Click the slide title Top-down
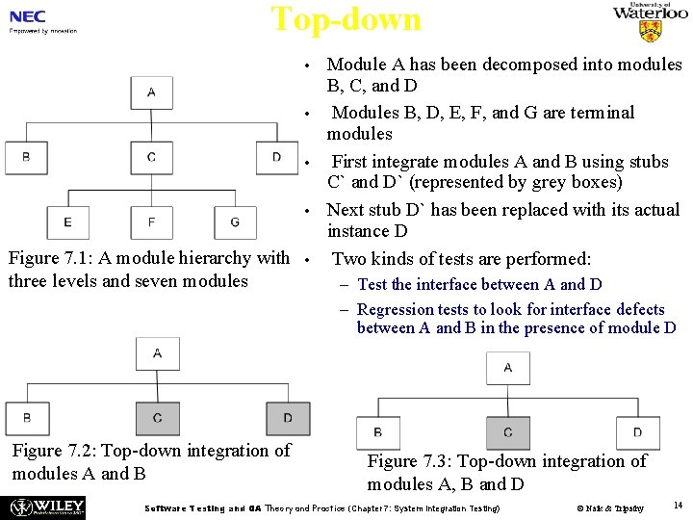click(x=346, y=19)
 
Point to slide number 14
click(x=678, y=506)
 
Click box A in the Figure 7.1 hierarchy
click(x=152, y=93)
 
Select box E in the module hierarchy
click(x=67, y=222)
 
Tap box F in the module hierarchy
click(x=152, y=222)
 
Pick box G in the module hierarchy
click(x=235, y=222)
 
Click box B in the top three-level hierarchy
click(x=26, y=158)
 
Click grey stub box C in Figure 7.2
click(x=157, y=418)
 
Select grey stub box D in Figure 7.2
click(x=288, y=418)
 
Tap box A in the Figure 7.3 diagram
click(x=507, y=367)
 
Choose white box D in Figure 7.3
click(x=637, y=432)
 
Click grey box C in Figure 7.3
click(x=507, y=432)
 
